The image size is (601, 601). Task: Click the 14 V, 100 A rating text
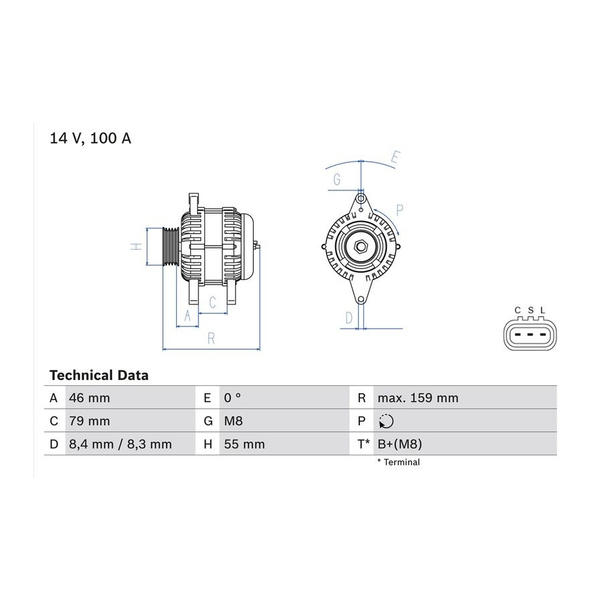click(x=90, y=138)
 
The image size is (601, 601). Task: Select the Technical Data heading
click(x=99, y=375)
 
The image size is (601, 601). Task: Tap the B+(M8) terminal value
click(x=400, y=444)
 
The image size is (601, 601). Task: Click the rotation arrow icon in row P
click(x=386, y=421)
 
